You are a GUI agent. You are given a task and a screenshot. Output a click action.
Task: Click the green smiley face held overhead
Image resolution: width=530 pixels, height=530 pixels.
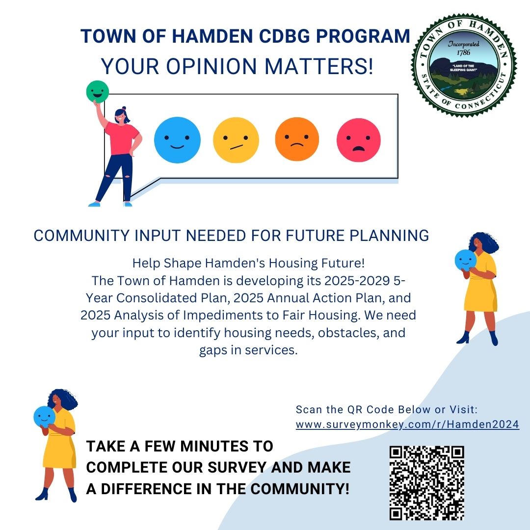pos(97,92)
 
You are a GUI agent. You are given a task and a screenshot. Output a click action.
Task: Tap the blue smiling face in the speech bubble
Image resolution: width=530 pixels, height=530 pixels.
pos(177,140)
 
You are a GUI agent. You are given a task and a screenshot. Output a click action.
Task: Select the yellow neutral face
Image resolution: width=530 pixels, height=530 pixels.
pos(236,140)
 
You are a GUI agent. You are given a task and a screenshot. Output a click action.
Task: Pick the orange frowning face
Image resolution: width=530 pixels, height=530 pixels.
pos(297,139)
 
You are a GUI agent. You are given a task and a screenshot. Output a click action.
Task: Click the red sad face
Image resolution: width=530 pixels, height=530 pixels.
pos(359,140)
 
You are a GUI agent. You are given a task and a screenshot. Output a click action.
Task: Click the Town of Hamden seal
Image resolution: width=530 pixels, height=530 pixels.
pos(464,65)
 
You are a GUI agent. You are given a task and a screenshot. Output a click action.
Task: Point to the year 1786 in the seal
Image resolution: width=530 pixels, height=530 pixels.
pos(463,53)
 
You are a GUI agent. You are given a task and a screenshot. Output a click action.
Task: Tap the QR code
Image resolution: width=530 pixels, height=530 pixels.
pos(427,483)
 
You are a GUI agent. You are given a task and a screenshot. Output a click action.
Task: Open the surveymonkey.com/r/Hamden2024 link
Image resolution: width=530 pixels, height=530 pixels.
pos(407,424)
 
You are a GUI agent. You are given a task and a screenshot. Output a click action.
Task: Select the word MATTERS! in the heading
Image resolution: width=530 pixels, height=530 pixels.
pos(319,66)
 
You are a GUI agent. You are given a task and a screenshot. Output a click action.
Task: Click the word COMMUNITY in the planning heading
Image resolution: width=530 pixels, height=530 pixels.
pos(81,236)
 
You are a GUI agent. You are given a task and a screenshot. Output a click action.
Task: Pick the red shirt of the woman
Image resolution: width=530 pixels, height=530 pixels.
pos(122,138)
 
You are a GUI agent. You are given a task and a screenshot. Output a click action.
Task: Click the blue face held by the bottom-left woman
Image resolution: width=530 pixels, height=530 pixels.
pos(44,417)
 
